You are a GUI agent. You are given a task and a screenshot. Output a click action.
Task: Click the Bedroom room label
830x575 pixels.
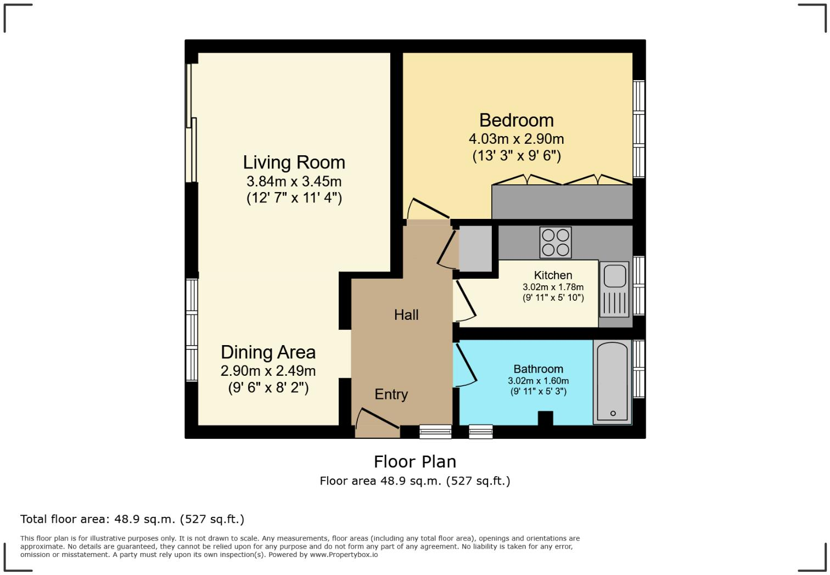[517, 120]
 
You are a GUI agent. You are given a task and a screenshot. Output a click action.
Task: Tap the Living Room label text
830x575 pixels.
[294, 162]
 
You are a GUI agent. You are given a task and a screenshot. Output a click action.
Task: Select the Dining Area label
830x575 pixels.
[268, 352]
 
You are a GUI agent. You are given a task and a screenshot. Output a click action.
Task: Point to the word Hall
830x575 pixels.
[406, 315]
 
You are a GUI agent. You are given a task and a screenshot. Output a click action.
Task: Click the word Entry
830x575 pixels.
[391, 394]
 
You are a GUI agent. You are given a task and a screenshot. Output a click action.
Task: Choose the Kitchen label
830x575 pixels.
[553, 275]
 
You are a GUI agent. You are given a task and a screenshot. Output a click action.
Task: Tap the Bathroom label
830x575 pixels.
[538, 369]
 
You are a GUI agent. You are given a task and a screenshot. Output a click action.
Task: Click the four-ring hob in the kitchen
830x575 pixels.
[556, 243]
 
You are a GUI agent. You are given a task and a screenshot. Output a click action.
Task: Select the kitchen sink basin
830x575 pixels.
[615, 276]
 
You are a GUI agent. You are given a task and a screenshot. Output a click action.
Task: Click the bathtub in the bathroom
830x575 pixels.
[613, 382]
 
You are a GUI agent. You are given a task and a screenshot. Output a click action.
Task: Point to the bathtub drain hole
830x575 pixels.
[613, 413]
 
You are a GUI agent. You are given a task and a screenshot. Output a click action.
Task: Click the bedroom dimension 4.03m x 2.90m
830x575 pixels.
[517, 139]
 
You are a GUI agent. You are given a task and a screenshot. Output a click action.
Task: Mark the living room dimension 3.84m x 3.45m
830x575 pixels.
[294, 182]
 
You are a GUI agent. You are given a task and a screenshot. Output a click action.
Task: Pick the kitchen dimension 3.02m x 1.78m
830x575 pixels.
[553, 287]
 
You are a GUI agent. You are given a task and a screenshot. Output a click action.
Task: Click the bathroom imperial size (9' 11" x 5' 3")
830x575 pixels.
[538, 391]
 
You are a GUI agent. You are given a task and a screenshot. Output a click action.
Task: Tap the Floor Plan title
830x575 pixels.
[414, 462]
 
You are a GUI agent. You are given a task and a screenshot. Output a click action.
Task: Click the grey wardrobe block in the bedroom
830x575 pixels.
[562, 202]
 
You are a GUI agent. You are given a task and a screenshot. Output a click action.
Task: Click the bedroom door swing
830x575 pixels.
[428, 209]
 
